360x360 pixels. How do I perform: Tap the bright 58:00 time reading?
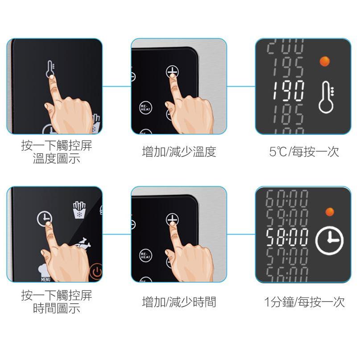tap(287, 239)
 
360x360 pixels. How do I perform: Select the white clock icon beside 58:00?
tap(329, 241)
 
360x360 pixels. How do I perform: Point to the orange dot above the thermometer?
tap(325, 61)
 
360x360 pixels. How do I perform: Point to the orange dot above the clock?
tap(330, 211)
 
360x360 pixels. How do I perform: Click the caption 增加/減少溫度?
tap(179, 152)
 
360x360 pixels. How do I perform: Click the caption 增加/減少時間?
tap(179, 302)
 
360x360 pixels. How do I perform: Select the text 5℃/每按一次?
tap(304, 152)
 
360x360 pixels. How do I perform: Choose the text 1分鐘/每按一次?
tap(304, 302)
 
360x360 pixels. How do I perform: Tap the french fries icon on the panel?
tap(79, 211)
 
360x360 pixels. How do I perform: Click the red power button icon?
tap(95, 272)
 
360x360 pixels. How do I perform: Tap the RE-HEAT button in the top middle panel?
tap(145, 107)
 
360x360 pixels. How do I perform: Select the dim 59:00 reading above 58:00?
tap(287, 217)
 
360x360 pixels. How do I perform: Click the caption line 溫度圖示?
tap(57, 158)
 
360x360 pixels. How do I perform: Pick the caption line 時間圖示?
tap(57, 308)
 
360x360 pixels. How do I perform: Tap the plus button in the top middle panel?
tap(172, 71)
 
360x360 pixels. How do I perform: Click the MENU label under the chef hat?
tap(46, 279)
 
